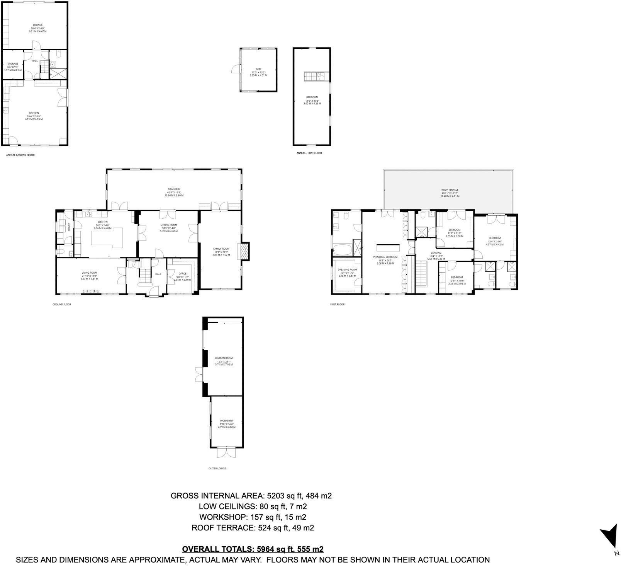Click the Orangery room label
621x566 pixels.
point(174,189)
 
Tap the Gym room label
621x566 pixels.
point(258,69)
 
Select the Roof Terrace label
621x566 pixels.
point(450,190)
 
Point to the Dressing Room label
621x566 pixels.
point(347,269)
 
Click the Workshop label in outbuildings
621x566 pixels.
point(227,421)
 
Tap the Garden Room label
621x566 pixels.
point(224,358)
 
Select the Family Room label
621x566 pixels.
point(221,249)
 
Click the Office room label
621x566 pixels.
point(182,274)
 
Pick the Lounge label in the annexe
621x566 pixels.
point(37,25)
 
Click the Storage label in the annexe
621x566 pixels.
point(13,64)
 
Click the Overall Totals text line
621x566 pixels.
point(252,549)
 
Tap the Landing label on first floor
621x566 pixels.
point(436,252)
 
